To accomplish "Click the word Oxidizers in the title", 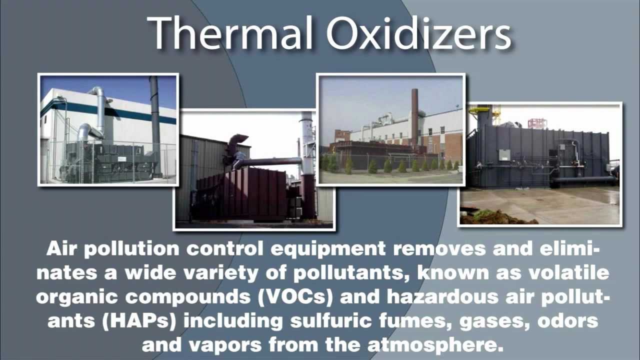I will click(419, 33).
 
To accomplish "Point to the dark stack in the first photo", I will click(154, 115).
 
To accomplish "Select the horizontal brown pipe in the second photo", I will click(270, 162).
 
